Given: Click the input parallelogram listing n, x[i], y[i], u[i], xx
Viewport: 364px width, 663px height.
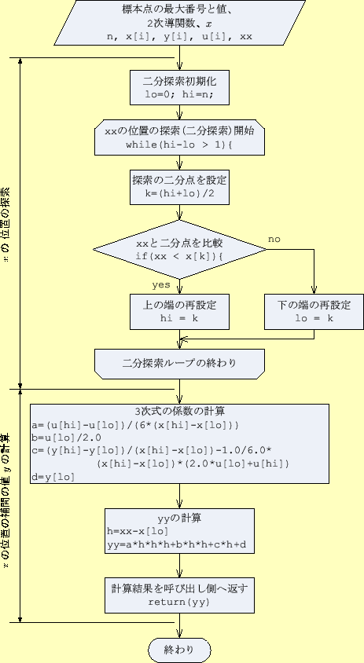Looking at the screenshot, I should point(180,23).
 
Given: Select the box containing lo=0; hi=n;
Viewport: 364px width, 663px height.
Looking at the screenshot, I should point(180,87).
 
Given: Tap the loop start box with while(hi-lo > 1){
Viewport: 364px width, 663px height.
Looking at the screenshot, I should point(180,138).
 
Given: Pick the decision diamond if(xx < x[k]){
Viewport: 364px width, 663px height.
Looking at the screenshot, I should point(180,250).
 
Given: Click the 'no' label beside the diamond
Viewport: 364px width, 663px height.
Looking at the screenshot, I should point(274,238).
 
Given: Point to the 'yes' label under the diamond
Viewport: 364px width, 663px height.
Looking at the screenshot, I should point(161,284).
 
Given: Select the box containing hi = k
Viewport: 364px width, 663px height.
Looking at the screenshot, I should point(180,312).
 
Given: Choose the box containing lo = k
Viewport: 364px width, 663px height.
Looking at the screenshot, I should point(314,312).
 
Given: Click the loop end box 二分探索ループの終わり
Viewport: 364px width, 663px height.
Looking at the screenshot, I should point(180,363).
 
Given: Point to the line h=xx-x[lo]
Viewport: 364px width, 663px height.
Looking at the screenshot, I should point(138,532).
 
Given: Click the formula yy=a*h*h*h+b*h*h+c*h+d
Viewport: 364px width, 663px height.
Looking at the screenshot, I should point(178,544).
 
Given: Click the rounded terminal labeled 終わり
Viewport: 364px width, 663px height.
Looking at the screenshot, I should point(180,650).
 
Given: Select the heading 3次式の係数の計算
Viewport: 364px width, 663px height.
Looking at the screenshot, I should point(180,411).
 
